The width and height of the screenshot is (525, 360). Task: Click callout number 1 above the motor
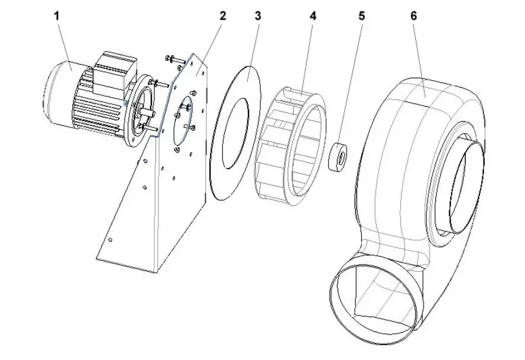coord(57,16)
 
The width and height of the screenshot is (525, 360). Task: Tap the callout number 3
coord(257,16)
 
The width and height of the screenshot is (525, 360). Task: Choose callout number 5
coord(361,16)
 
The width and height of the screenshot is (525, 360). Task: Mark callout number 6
coord(413,16)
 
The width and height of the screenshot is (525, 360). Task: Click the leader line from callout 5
coord(354,83)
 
